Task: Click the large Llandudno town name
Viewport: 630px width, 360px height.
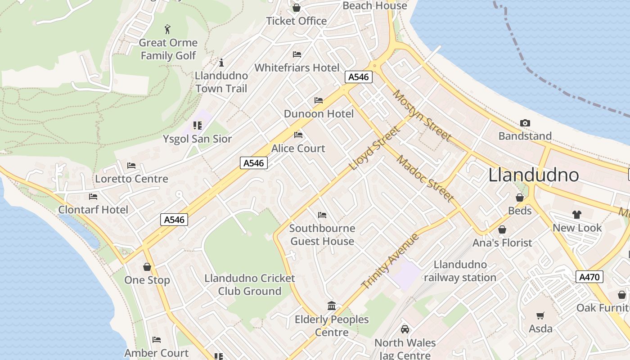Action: (x=533, y=175)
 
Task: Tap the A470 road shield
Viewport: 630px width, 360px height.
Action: (x=589, y=277)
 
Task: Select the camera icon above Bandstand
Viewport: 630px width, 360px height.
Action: (x=525, y=123)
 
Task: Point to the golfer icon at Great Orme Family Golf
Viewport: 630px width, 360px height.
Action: (x=168, y=29)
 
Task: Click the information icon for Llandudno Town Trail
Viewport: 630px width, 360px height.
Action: (x=221, y=63)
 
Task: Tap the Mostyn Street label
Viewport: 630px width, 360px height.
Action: (x=422, y=115)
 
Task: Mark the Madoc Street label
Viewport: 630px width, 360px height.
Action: (x=425, y=178)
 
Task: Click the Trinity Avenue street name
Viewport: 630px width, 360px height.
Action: (x=390, y=261)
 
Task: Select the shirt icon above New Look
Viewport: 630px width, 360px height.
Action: (x=577, y=214)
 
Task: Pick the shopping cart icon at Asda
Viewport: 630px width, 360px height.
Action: (x=540, y=315)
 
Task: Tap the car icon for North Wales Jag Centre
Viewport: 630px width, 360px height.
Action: (x=405, y=329)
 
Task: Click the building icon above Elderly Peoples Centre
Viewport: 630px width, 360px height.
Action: (x=332, y=306)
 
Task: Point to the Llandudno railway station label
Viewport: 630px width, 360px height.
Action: (x=460, y=271)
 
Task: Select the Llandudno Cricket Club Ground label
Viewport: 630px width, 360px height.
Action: (x=250, y=285)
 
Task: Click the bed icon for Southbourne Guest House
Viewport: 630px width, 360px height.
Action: (x=322, y=215)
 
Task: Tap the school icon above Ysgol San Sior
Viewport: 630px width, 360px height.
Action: (x=197, y=125)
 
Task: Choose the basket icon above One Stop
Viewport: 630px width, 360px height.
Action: (x=147, y=267)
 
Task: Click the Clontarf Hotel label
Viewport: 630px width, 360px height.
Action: (x=93, y=210)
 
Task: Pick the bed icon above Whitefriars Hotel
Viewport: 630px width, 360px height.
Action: (x=297, y=54)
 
